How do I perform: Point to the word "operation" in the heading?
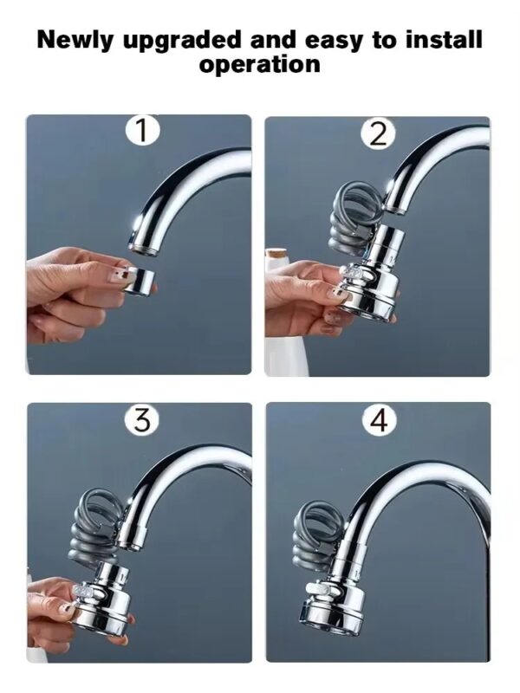pyautogui.click(x=260, y=65)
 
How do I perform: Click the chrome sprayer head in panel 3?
pyautogui.click(x=104, y=598)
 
